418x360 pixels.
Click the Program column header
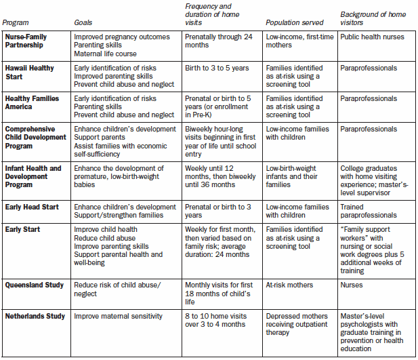(16, 23)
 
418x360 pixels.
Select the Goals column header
(83, 23)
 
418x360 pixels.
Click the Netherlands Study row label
(36, 315)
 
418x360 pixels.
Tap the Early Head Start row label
(33, 207)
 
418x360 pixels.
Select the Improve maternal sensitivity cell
(118, 315)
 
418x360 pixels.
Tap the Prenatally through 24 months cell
(218, 40)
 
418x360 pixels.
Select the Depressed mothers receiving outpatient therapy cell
(297, 323)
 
